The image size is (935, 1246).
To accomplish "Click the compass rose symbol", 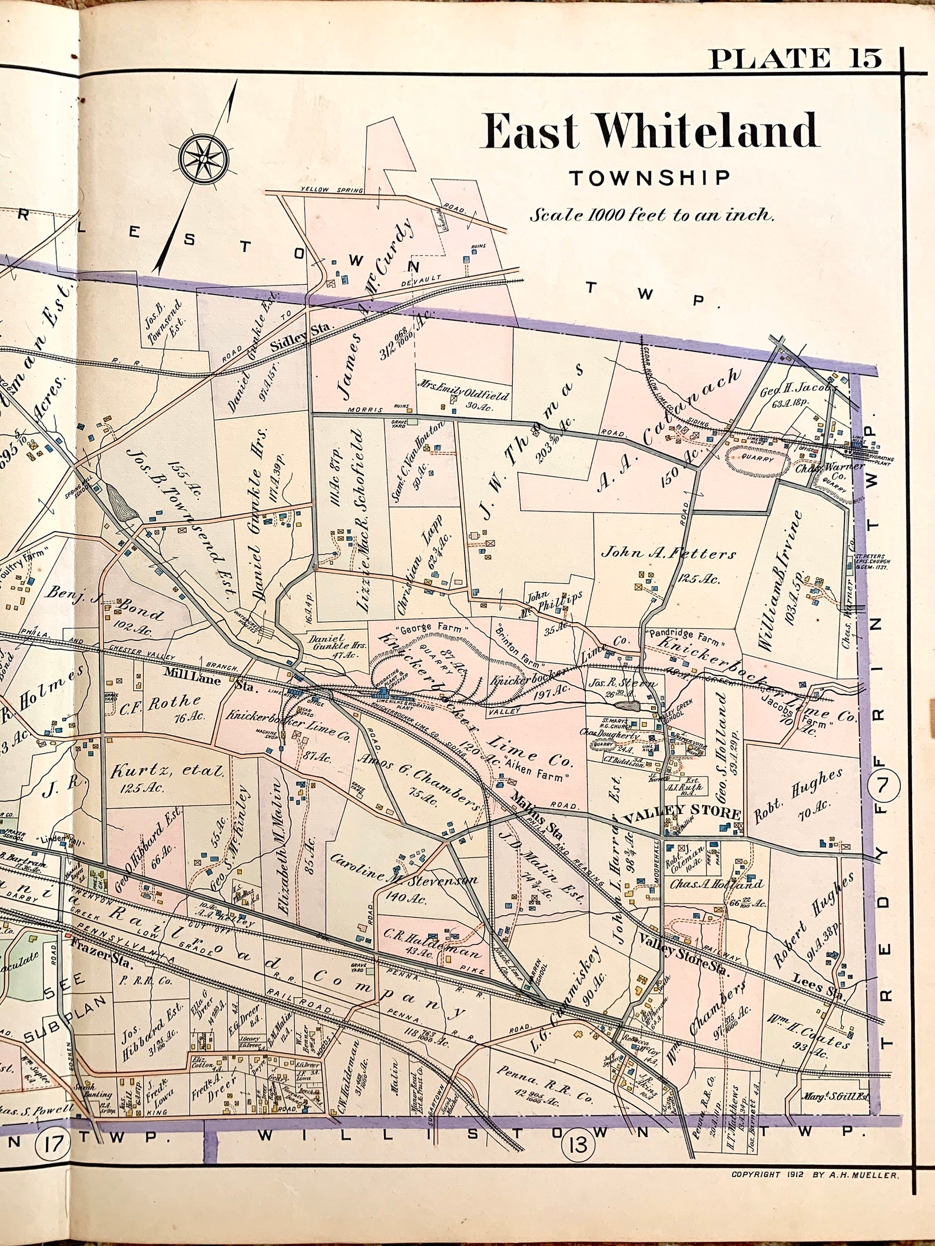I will click(x=205, y=158).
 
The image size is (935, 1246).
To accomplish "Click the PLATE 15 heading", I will click(x=795, y=59).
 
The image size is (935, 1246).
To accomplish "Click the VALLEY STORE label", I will click(x=681, y=814).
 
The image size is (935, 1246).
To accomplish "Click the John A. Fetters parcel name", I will click(x=668, y=554).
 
